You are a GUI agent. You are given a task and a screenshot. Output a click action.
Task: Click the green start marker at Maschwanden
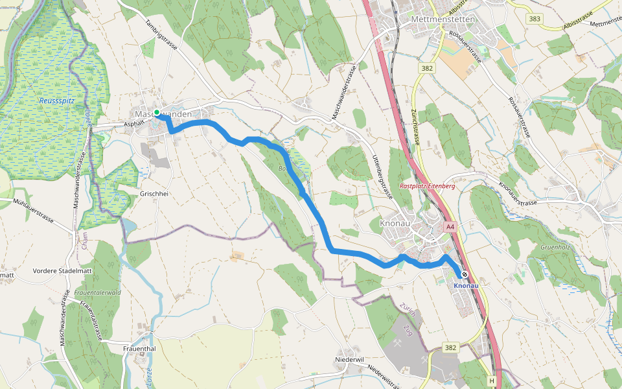pyautogui.click(x=157, y=113)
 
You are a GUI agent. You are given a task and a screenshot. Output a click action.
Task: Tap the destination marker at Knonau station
pyautogui.click(x=465, y=274)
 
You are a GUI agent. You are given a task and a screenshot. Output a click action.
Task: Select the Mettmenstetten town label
pyautogui.click(x=443, y=19)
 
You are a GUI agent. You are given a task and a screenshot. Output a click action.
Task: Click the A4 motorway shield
pyautogui.click(x=450, y=227)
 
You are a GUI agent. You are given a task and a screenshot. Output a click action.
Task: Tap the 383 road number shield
pyautogui.click(x=535, y=19)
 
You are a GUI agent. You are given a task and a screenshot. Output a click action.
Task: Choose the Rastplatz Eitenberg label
pyautogui.click(x=427, y=186)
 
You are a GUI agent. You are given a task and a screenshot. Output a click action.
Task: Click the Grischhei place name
pyautogui.click(x=154, y=194)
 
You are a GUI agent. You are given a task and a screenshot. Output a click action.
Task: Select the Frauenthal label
pyautogui.click(x=139, y=349)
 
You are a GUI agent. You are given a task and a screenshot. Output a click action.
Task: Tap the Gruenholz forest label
pyautogui.click(x=555, y=247)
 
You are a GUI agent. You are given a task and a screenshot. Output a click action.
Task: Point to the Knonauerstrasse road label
pyautogui.click(x=518, y=194)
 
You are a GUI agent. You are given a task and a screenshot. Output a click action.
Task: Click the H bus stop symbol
pyautogui.click(x=493, y=381)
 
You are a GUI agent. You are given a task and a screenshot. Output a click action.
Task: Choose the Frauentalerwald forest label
pyautogui.click(x=98, y=292)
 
